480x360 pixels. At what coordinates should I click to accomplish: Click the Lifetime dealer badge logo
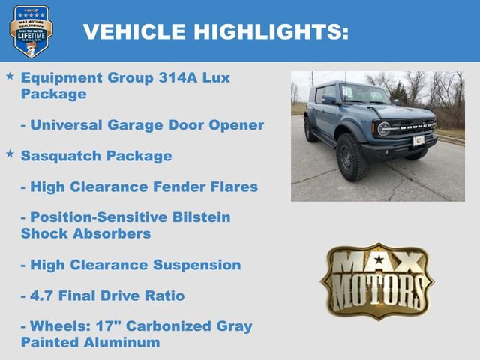pyautogui.click(x=31, y=31)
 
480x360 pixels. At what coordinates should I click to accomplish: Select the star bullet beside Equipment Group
pyautogui.click(x=10, y=76)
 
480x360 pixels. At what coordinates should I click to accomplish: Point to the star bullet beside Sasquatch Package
pyautogui.click(x=10, y=154)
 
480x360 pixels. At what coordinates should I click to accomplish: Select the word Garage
pyautogui.click(x=130, y=124)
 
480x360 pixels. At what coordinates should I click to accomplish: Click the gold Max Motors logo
pyautogui.click(x=377, y=280)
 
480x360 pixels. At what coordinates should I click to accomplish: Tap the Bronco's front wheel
pyautogui.click(x=349, y=157)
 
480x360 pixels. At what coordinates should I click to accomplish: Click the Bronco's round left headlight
pyautogui.click(x=385, y=129)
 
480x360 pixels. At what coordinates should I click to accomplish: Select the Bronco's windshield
pyautogui.click(x=363, y=93)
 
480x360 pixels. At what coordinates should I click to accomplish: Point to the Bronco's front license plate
pyautogui.click(x=418, y=140)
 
